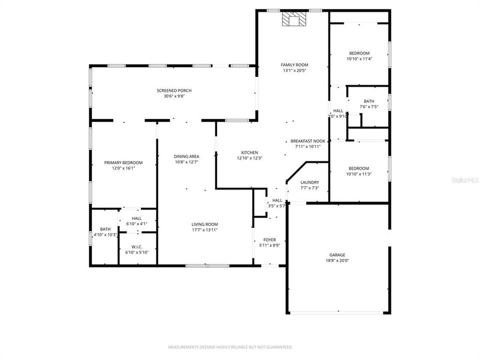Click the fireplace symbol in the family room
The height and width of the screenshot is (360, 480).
(x=293, y=19)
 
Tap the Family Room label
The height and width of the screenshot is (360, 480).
(x=294, y=65)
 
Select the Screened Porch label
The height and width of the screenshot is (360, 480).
(x=174, y=90)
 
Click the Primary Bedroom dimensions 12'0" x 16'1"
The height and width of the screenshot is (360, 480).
(x=123, y=168)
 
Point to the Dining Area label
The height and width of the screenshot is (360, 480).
(x=186, y=156)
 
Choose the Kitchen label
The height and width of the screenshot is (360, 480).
(x=249, y=152)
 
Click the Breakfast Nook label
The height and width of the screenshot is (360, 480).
(x=308, y=141)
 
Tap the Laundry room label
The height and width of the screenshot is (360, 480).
(x=309, y=182)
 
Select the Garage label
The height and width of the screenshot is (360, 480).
(x=337, y=255)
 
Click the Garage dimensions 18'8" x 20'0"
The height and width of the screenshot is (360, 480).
(x=337, y=260)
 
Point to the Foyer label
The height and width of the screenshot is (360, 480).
(x=269, y=240)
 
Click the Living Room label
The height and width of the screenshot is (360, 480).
(x=204, y=224)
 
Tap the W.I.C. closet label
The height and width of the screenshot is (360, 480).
(x=137, y=246)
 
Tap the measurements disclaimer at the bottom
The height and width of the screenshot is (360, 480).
(x=230, y=346)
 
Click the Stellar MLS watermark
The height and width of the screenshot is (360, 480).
(x=464, y=178)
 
